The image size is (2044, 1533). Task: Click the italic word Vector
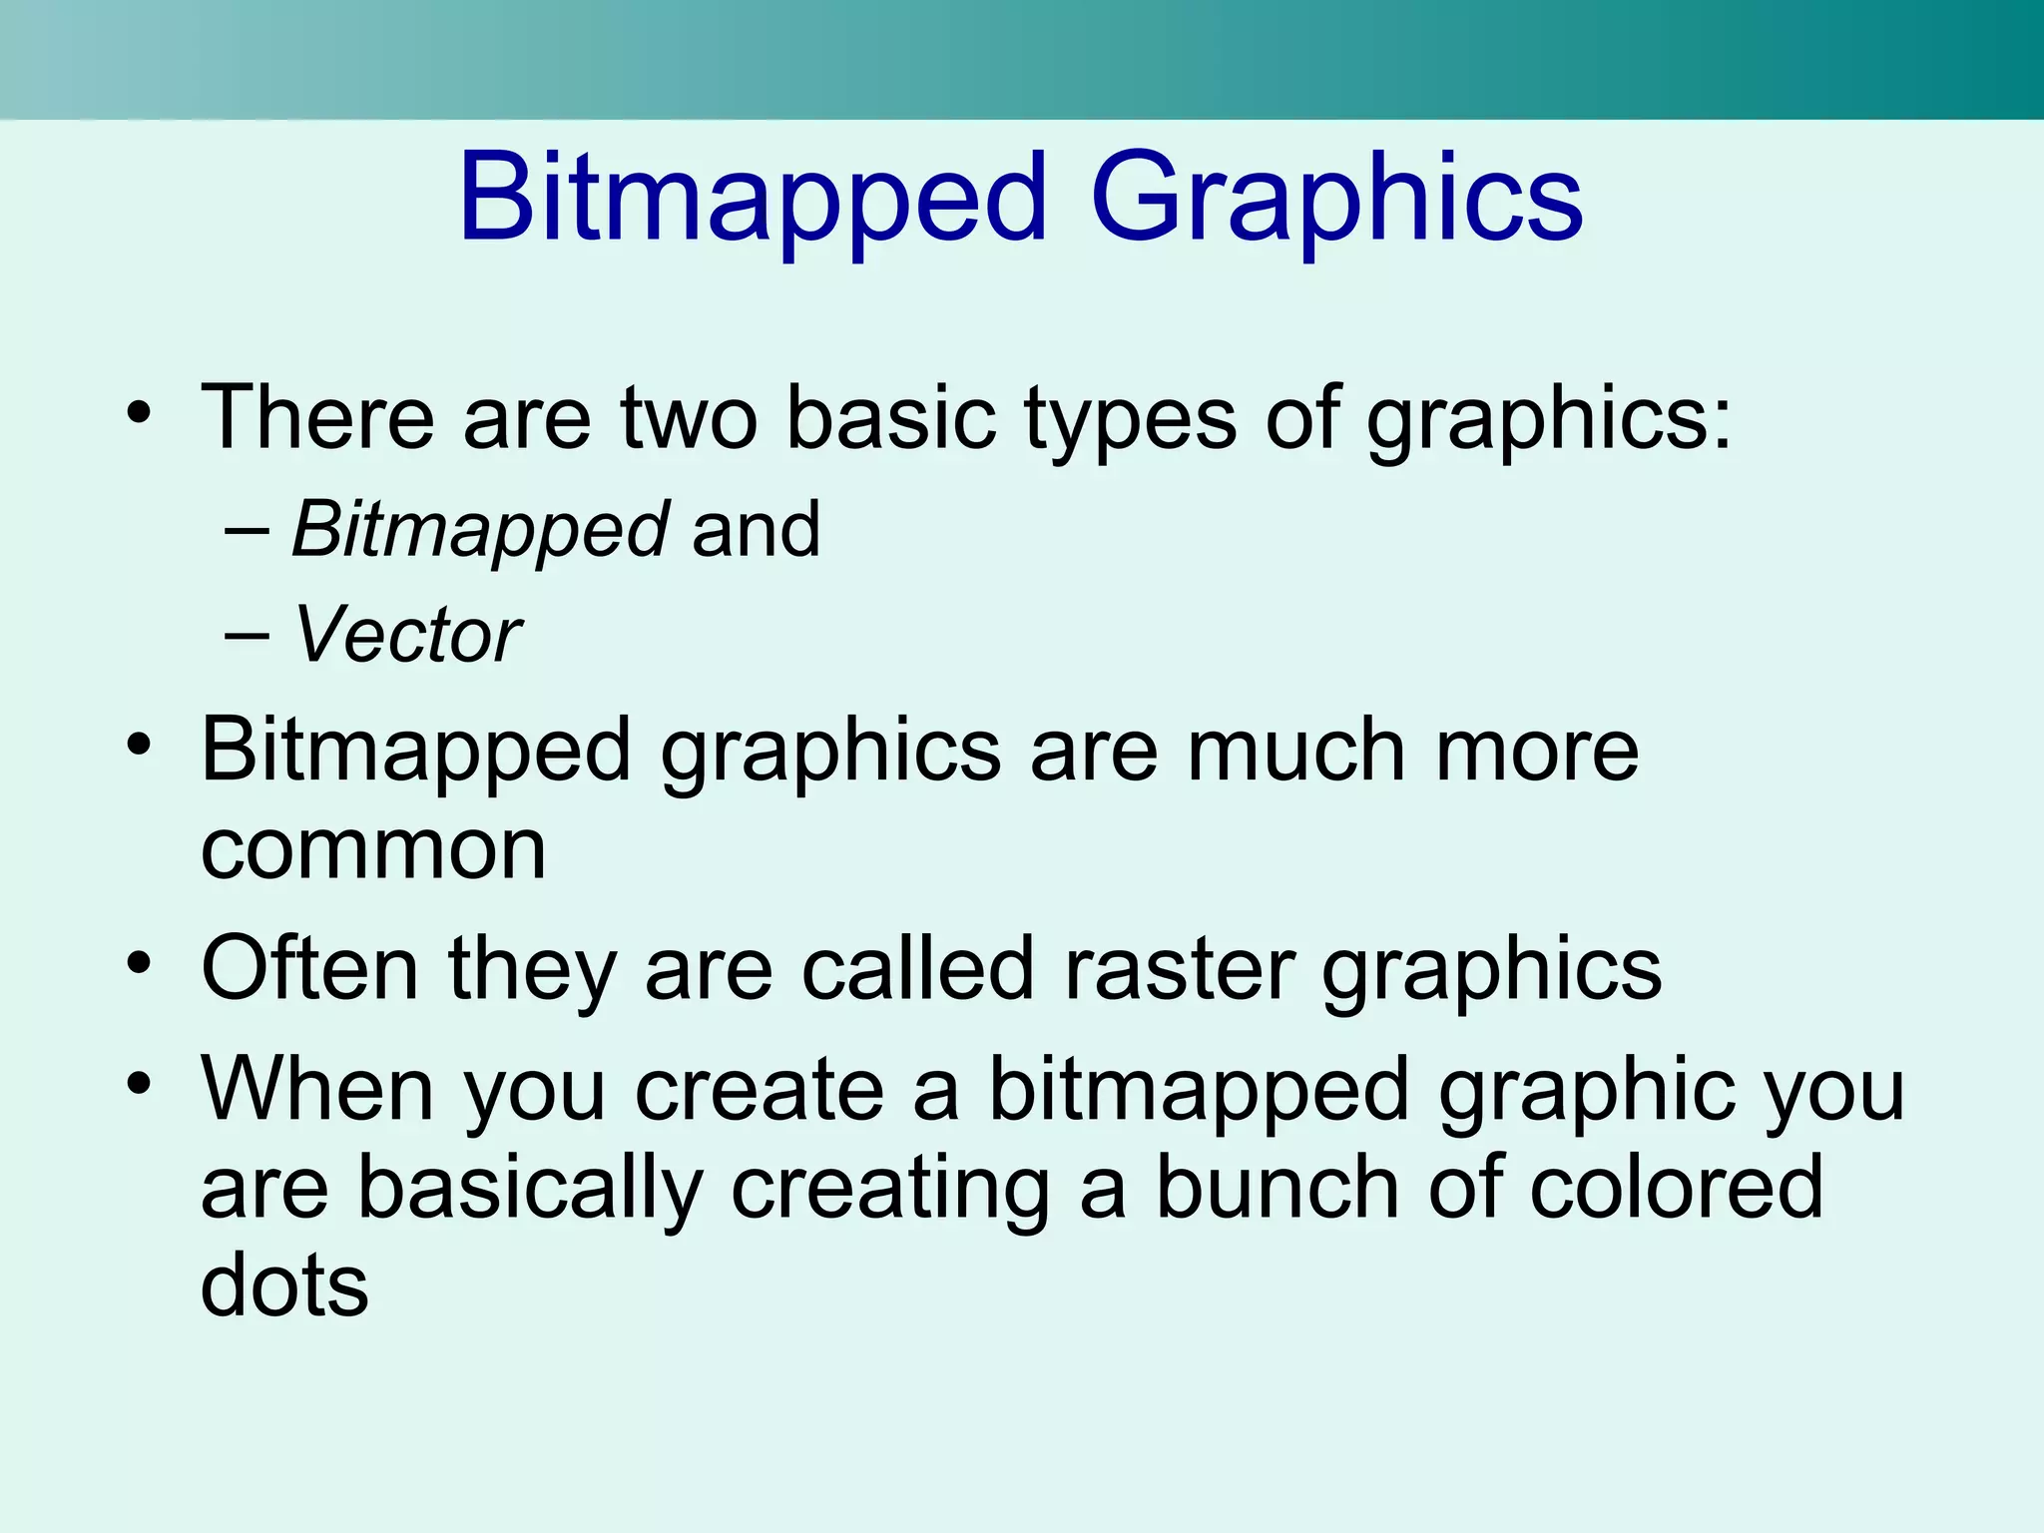point(406,635)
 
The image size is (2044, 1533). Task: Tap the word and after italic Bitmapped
point(756,529)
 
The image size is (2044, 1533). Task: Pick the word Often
point(309,967)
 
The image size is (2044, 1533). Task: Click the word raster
point(1179,969)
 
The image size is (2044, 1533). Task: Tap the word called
point(917,967)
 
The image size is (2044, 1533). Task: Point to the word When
point(317,1089)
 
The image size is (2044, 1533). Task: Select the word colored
point(1676,1187)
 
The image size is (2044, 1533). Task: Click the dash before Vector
point(247,636)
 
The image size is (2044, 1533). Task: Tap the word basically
point(530,1189)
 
